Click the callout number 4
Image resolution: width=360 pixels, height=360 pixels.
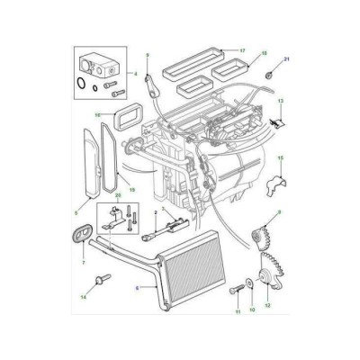136,73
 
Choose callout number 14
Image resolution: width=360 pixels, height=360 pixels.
84,295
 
